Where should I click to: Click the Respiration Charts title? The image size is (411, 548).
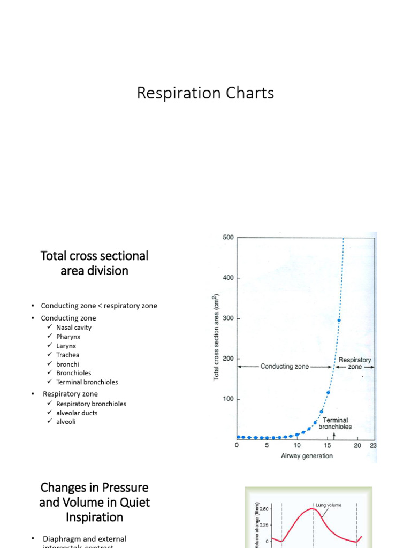coord(205,93)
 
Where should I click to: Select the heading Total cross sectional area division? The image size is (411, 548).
coord(94,263)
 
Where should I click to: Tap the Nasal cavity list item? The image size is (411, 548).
coord(73,328)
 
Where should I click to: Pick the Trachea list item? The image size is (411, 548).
coord(67,355)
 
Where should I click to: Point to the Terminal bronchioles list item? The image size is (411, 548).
coord(87,382)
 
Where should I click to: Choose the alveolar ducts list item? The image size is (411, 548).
coord(77,413)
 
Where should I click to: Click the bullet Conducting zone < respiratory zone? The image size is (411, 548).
coord(98,306)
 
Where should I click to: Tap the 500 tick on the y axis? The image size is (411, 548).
coord(228,237)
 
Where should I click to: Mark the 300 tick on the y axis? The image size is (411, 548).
coord(228,318)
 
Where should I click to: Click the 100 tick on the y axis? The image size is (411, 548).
coord(228,399)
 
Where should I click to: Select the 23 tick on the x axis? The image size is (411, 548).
coord(372,445)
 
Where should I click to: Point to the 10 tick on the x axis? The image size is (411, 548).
coord(297,445)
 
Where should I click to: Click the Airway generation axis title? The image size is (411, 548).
coord(307,456)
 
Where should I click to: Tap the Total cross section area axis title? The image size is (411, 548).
coord(217,337)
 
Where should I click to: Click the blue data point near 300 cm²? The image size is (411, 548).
coord(339,321)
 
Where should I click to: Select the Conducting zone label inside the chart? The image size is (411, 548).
coord(284,367)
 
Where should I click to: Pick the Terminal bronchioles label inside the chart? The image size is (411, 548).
coord(335,423)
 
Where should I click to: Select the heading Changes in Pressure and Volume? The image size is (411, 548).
coord(94,503)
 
